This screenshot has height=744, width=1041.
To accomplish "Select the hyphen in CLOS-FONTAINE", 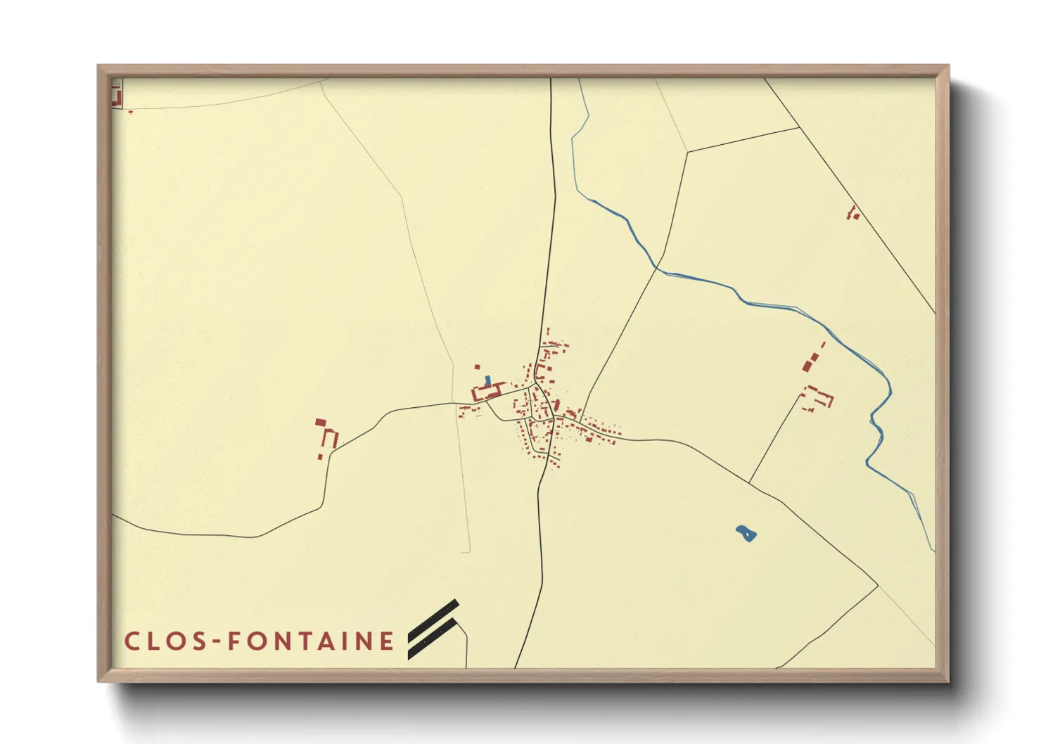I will pos(215,641).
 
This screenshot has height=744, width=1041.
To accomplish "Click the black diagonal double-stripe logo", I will pos(434,629).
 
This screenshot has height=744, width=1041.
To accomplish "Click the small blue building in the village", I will pos(488,380).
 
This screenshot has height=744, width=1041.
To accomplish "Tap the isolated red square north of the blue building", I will pos(477,366).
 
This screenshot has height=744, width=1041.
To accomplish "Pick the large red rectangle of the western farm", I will pos(321,423).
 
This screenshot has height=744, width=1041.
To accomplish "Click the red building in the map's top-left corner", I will pos(117,96).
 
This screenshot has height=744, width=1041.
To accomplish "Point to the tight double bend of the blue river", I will pos(876,422).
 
